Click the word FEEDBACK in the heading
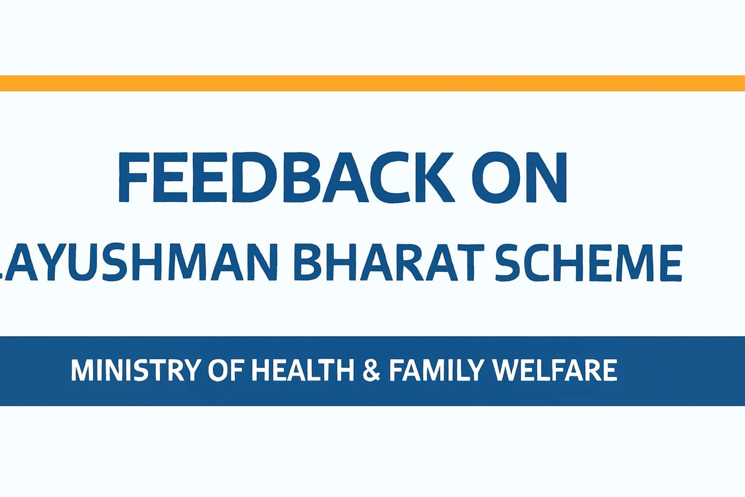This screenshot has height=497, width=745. (286, 177)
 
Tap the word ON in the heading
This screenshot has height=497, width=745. (519, 177)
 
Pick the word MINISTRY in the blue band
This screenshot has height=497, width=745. (136, 370)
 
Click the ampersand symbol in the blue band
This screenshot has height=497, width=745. (371, 370)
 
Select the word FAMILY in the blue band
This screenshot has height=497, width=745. (437, 370)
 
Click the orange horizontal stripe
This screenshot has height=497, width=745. (372, 83)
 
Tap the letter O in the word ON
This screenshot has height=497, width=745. (491, 177)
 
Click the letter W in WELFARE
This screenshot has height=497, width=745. (507, 370)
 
